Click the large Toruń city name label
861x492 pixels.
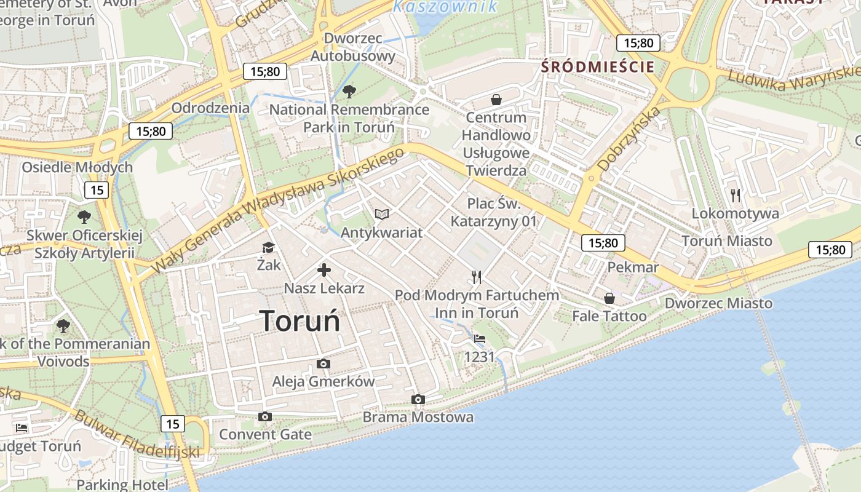(300, 321)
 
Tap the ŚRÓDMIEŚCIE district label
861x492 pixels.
(598, 67)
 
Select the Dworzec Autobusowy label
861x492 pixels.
(352, 47)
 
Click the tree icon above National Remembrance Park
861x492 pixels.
(349, 92)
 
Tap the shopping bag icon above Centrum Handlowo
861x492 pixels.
(496, 100)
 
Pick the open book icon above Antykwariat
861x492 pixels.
(382, 214)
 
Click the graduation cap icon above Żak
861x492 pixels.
(269, 247)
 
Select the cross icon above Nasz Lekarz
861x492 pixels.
(324, 270)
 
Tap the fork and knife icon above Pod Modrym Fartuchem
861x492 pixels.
(477, 277)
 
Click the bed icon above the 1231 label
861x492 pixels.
(480, 339)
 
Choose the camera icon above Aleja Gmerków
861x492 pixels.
(323, 364)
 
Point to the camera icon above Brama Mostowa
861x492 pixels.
(418, 400)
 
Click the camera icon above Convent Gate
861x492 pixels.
(265, 417)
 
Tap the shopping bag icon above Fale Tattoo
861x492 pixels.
(609, 298)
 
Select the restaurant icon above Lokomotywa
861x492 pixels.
(736, 196)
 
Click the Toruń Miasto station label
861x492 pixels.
(727, 240)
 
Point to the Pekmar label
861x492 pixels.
(633, 268)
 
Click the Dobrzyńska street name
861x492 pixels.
(629, 138)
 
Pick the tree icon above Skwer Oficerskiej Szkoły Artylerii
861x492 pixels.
(84, 217)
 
